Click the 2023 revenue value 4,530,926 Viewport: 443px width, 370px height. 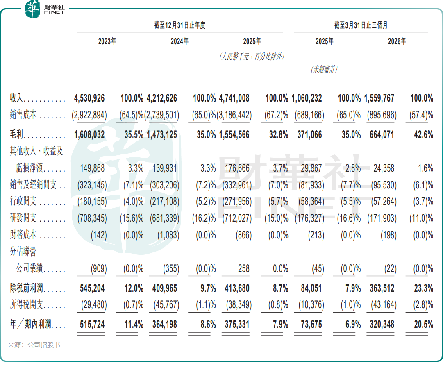point(89,98)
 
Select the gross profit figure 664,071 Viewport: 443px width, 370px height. point(382,135)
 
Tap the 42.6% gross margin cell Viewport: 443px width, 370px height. point(423,135)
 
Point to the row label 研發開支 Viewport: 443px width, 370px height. point(23,218)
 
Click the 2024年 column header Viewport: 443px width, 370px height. point(179,41)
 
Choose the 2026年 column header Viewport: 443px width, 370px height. point(397,41)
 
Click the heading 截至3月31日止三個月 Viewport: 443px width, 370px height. point(361,25)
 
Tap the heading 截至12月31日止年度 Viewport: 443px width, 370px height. point(179,25)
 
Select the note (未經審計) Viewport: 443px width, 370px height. point(324,69)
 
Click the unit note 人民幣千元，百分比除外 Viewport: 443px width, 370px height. point(252,57)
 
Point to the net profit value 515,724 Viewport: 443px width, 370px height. point(92,324)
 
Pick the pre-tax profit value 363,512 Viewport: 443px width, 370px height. point(382,288)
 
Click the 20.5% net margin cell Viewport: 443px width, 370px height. point(423,324)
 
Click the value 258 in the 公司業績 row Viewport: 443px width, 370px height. point(243,269)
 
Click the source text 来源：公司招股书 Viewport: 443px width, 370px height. point(34,345)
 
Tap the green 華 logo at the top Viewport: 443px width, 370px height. point(32,9)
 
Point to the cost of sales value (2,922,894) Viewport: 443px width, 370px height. point(89,115)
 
